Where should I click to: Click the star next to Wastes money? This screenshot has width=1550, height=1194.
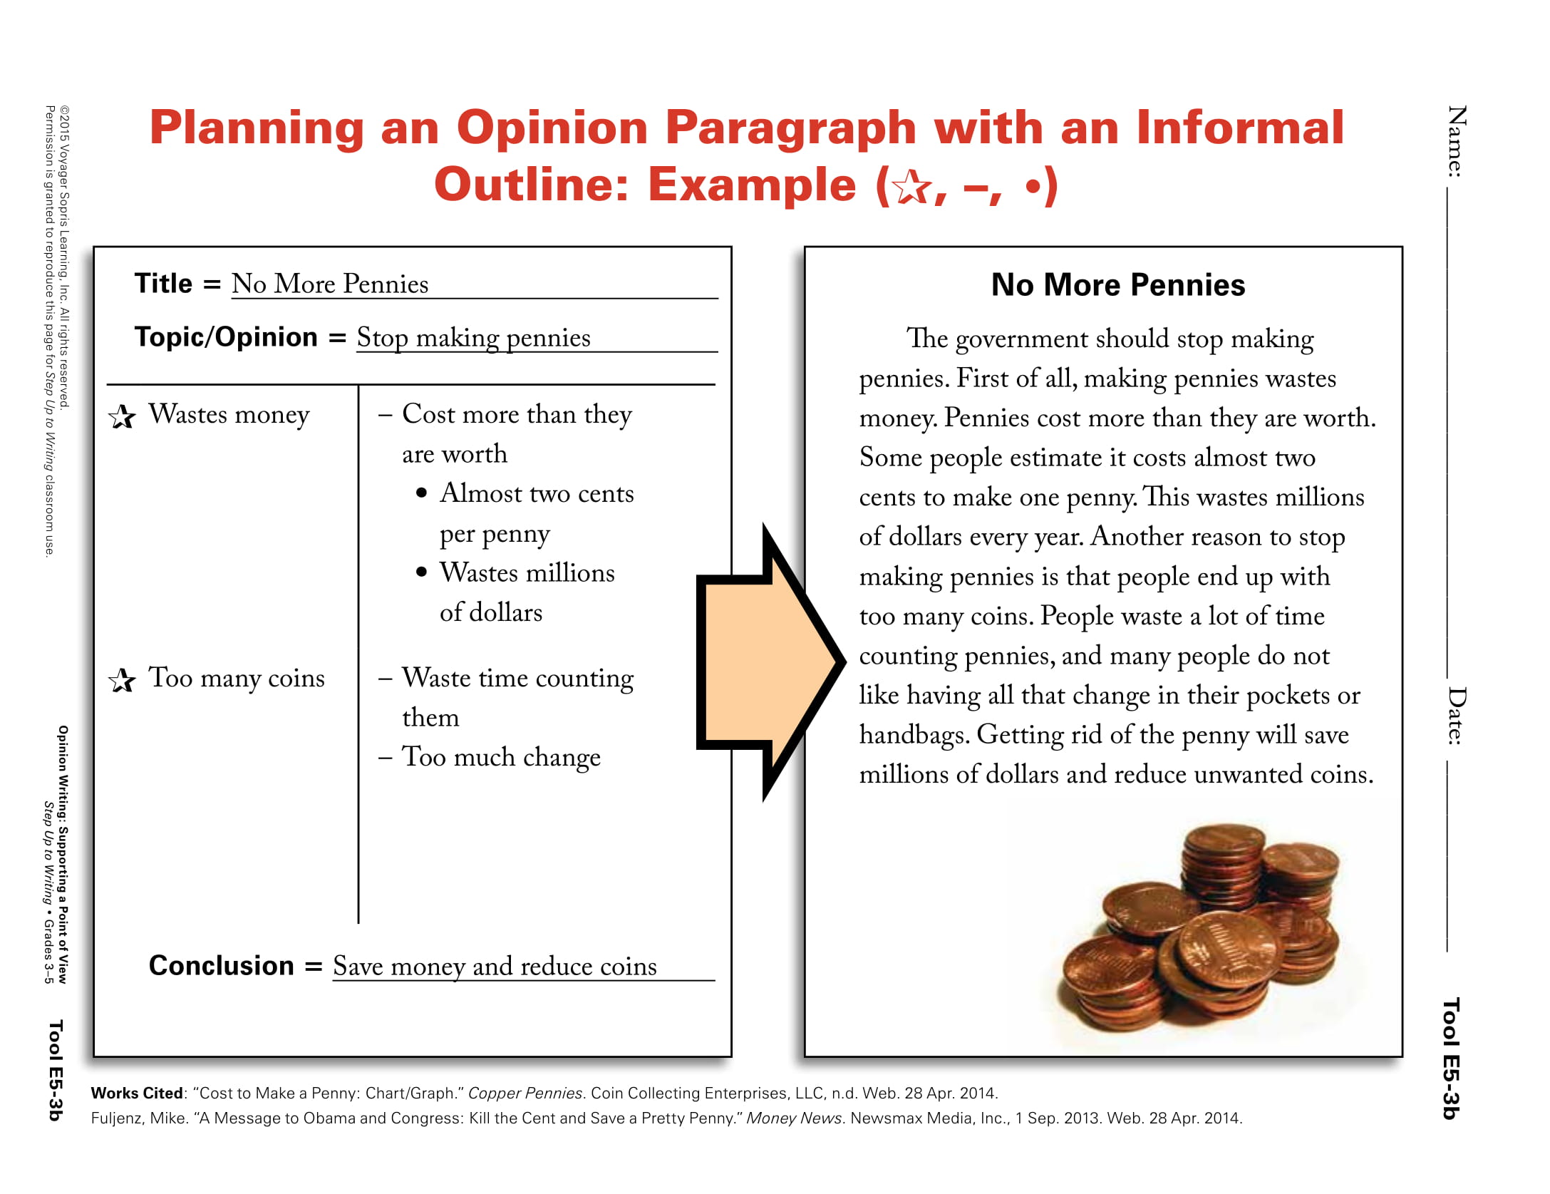[123, 417]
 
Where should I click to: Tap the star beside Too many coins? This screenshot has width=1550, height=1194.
[123, 680]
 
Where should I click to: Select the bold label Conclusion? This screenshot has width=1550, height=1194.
[221, 965]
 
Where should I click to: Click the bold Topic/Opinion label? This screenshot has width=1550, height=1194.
[226, 337]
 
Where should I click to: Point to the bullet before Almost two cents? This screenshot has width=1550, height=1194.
[421, 493]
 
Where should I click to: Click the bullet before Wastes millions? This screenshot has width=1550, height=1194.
[421, 572]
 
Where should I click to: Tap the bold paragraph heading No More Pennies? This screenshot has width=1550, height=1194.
[1117, 285]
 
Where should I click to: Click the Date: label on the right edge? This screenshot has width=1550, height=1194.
[1456, 716]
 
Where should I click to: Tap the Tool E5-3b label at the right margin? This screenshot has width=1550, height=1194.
[1450, 1058]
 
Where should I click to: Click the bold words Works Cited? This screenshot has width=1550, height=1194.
[137, 1093]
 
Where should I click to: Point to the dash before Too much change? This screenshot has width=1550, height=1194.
[386, 758]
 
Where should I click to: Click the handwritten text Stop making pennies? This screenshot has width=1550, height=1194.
[473, 338]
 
